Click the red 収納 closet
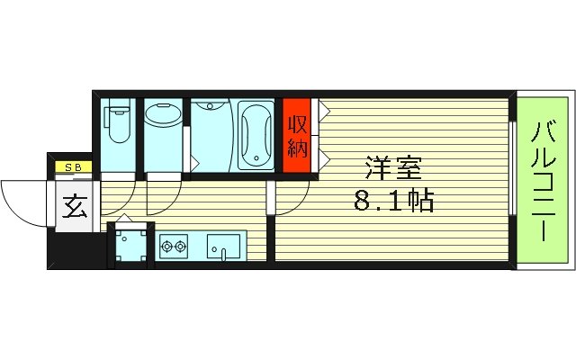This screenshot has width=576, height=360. tap(296, 136)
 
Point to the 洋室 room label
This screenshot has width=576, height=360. tap(392, 168)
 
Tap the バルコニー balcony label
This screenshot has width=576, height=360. tap(543, 181)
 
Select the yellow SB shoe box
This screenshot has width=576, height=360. tap(71, 167)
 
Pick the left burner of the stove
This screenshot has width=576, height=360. tap(166, 244)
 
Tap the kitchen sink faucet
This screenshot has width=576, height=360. tap(222, 255)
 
